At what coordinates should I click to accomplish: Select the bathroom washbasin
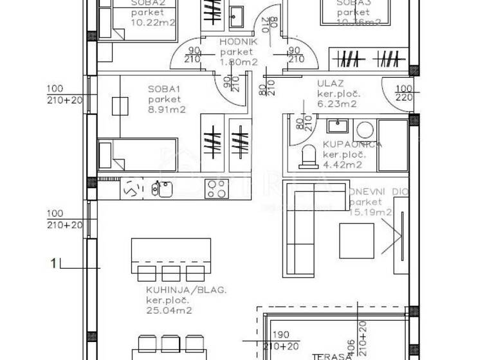336,126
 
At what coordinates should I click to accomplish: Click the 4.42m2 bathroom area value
342,165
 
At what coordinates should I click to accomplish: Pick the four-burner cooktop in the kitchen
216,188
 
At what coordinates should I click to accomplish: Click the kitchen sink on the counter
161,188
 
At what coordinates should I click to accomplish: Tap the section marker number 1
55,262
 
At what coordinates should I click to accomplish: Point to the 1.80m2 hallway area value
239,62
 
